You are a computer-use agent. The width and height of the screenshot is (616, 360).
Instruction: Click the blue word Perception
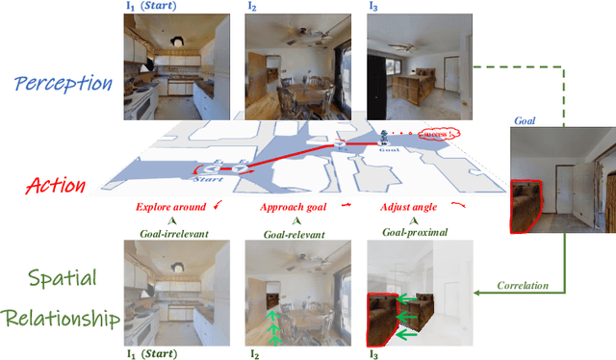63,83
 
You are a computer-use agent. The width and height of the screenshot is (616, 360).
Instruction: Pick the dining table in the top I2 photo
301,94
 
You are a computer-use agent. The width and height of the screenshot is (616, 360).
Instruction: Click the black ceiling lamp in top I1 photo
178,40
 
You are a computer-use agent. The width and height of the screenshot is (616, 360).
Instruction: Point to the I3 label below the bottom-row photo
374,352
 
